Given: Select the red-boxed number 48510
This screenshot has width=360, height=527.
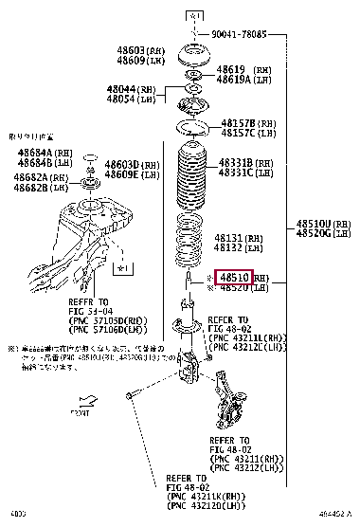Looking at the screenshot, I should (233, 278).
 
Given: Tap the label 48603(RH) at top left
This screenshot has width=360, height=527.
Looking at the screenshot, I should (138, 50).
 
